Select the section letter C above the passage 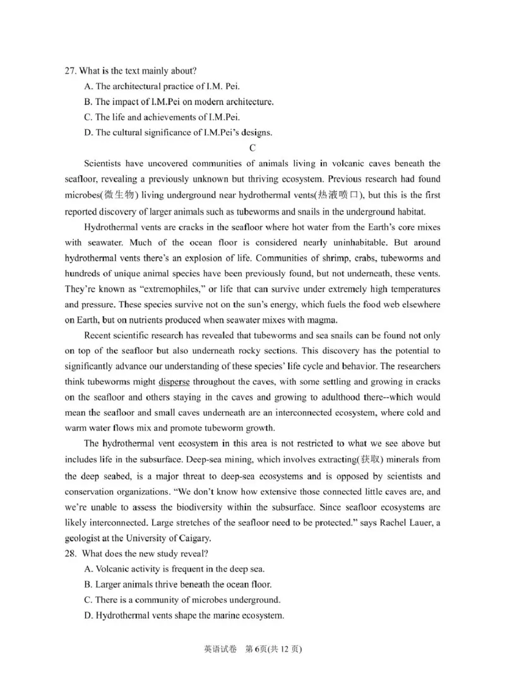point(252,149)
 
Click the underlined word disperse point(174,382)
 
